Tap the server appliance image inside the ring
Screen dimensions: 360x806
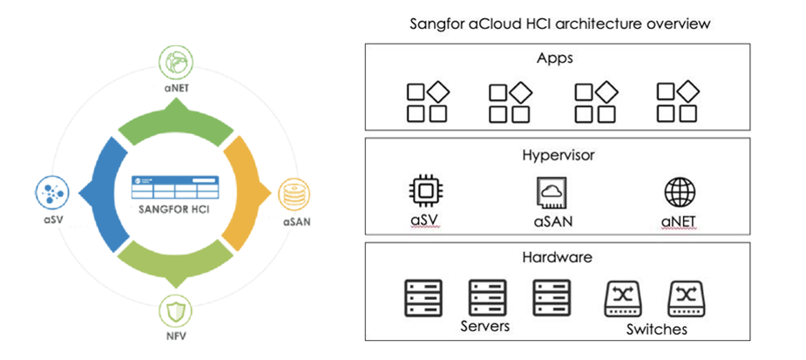pos(175,191)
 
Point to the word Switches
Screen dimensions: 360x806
pos(656,329)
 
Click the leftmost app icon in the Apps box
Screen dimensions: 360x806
pos(427,102)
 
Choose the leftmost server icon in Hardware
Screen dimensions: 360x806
pos(423,297)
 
